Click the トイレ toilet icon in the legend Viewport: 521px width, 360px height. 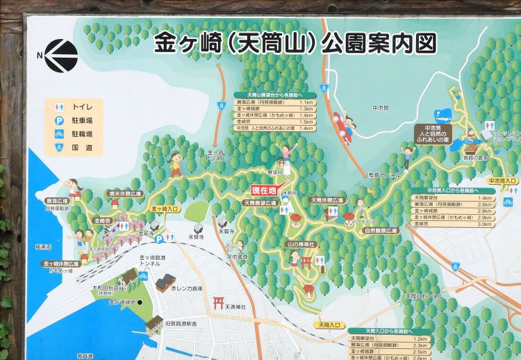[x=60, y=108]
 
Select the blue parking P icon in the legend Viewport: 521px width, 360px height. [x=60, y=120]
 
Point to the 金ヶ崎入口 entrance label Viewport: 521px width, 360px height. [x=165, y=208]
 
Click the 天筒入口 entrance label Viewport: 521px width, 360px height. [x=329, y=325]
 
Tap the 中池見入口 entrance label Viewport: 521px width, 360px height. [x=502, y=181]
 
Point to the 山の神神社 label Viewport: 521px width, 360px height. [x=301, y=245]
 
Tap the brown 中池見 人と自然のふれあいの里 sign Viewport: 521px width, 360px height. [x=433, y=132]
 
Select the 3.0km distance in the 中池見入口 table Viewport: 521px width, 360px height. [x=484, y=224]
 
